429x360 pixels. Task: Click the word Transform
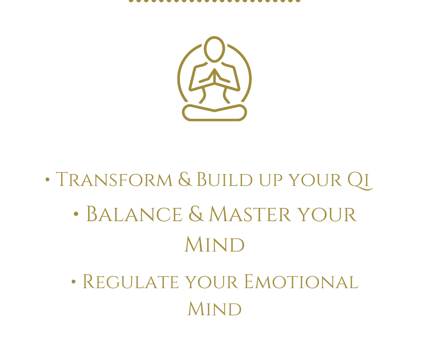pos(114,180)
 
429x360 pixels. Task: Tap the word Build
pos(225,180)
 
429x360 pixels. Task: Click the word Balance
pos(134,214)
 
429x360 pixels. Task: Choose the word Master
pos(250,214)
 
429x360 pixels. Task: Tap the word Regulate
pos(131,282)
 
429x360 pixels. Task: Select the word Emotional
pos(301,282)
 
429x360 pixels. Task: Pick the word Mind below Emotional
pos(215,309)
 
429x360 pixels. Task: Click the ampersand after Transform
pos(185,179)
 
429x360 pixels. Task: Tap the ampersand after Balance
pos(196,214)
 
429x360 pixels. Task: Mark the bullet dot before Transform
pos(47,180)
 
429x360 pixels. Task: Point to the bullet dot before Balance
pos(76,214)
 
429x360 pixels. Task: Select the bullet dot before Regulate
pos(73,282)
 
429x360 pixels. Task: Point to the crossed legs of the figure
pos(215,112)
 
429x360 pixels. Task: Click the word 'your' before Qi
pos(315,181)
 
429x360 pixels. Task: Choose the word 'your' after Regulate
pos(211,282)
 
